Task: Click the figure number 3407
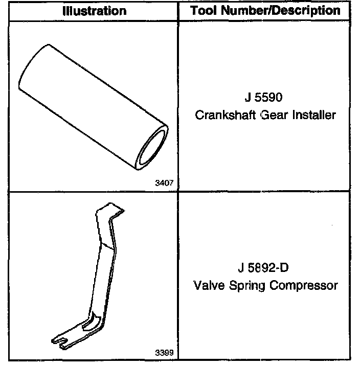pyautogui.click(x=165, y=182)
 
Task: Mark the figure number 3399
pyautogui.click(x=165, y=353)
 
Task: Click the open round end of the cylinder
pyautogui.click(x=154, y=148)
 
